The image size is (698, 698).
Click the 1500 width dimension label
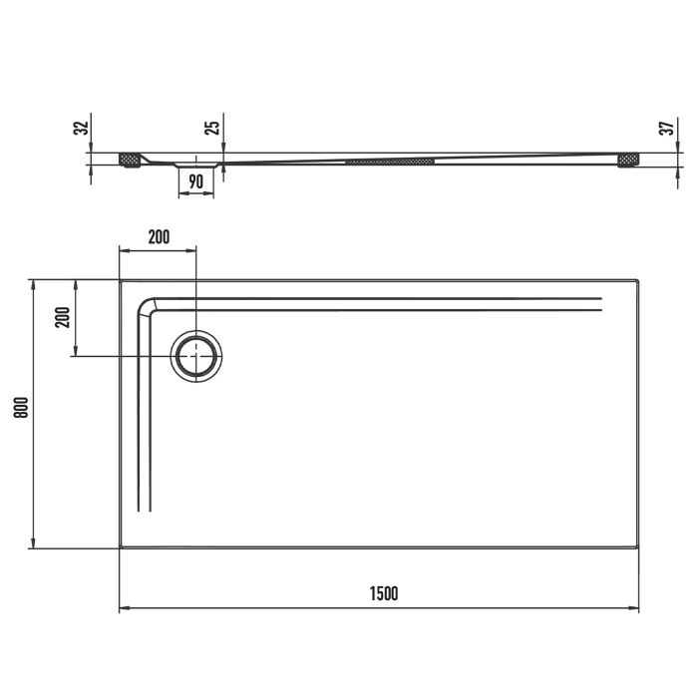tap(384, 593)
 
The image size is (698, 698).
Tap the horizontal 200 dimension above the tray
tap(159, 237)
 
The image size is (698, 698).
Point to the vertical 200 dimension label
tap(62, 318)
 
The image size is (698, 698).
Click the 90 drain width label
tap(195, 181)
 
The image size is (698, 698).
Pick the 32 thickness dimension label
tap(82, 127)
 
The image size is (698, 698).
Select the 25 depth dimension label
tap(210, 127)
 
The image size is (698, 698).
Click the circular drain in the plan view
tap(196, 356)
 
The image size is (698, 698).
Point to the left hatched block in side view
tap(130, 159)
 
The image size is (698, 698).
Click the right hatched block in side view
tap(628, 159)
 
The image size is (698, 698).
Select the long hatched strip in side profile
tap(390, 159)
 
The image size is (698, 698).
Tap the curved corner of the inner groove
tap(146, 304)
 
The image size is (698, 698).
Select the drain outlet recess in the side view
tap(195, 162)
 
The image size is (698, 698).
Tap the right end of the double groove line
tap(601, 303)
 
